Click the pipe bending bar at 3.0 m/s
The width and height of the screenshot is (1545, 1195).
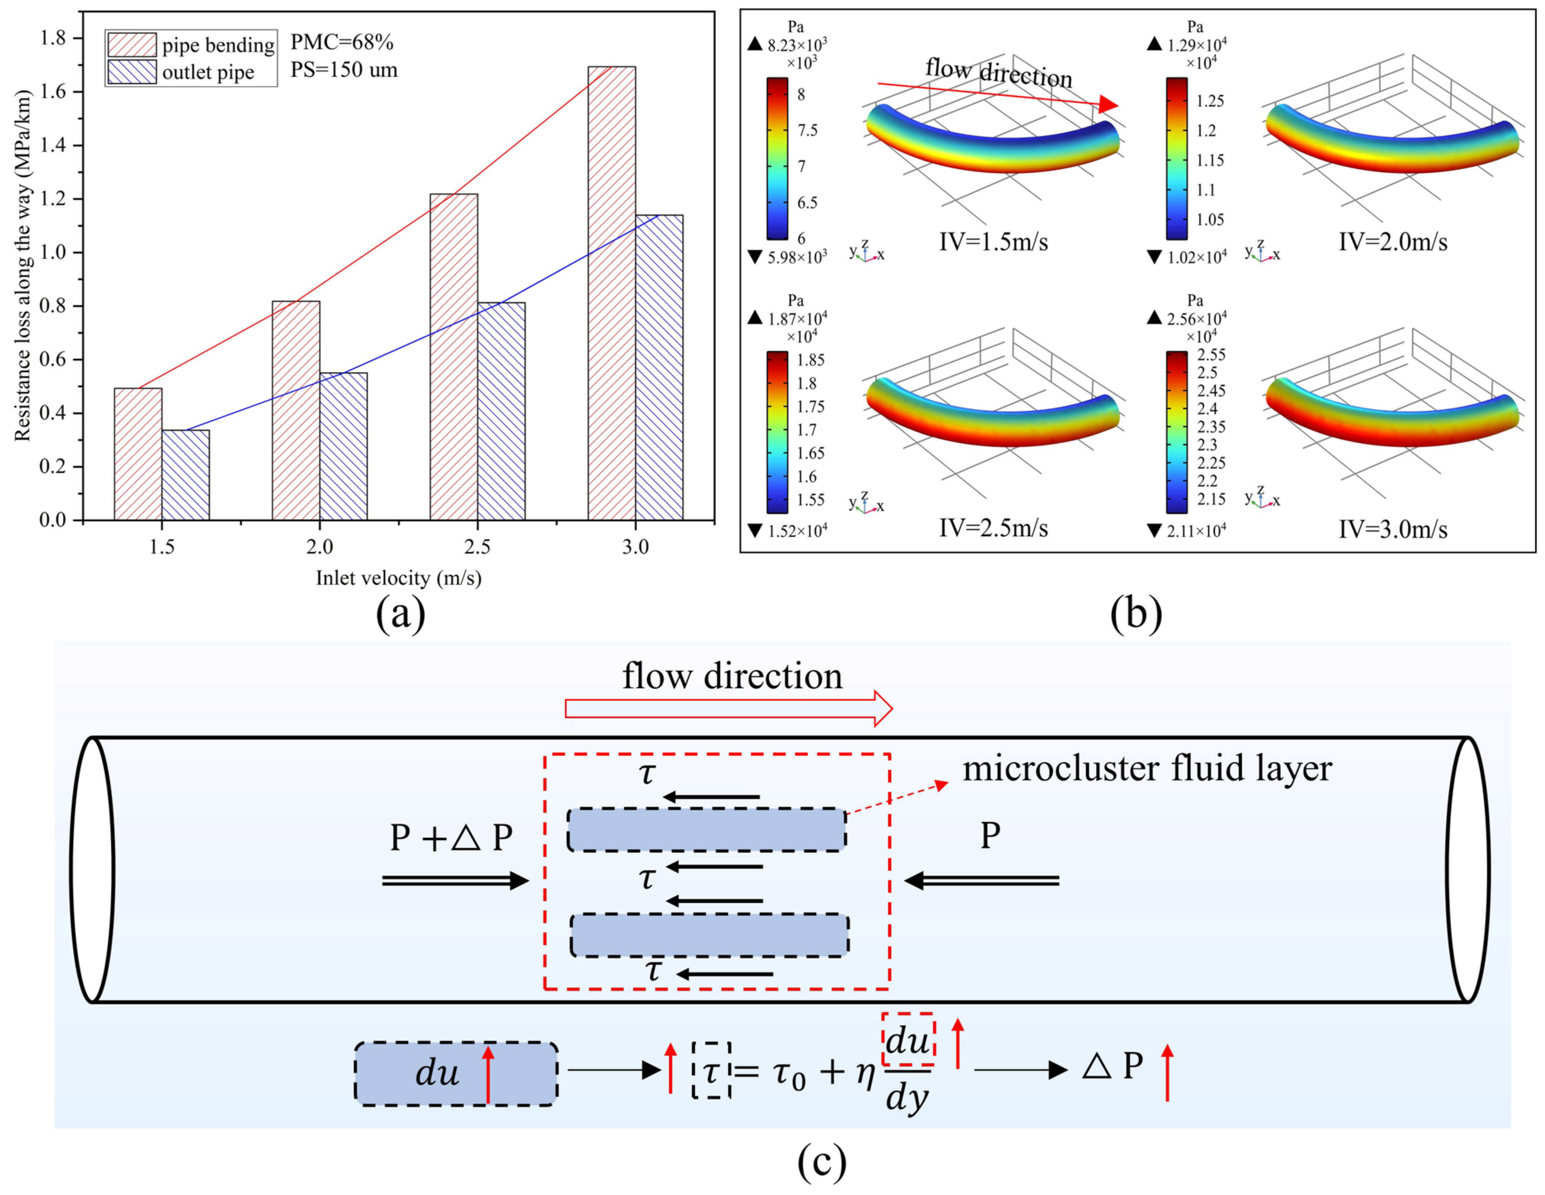click(x=611, y=294)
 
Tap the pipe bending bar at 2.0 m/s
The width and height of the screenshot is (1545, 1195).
click(x=296, y=411)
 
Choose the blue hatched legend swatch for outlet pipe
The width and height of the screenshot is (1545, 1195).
click(x=132, y=72)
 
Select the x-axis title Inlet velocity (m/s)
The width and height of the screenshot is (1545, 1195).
click(x=398, y=578)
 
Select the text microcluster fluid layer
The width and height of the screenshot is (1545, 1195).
click(x=1147, y=768)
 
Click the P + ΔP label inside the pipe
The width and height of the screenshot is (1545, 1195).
click(x=451, y=838)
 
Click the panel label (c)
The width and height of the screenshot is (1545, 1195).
click(x=821, y=1161)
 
